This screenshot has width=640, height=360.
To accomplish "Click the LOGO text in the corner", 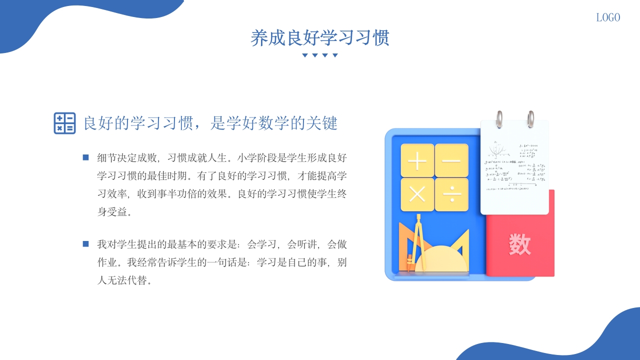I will pos(608,17).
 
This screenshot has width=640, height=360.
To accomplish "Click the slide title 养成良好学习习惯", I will pos(320,38).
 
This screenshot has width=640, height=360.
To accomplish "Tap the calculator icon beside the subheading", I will pos(64,123).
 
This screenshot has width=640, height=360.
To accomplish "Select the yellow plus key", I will pos(417,160).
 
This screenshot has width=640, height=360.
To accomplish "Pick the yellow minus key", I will pos(451,160).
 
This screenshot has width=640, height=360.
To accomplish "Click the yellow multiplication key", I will pos(417,194).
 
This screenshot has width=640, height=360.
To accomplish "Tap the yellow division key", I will pos(451,194).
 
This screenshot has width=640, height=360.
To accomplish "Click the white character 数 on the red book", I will pos(519,244).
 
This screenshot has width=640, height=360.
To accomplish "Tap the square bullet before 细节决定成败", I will pos(85,158).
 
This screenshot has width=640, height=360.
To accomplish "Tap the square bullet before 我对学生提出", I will pos(85,244).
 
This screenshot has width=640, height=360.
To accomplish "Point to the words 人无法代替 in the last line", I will pos(122,280).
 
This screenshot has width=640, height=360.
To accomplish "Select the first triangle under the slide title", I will pos(304,55).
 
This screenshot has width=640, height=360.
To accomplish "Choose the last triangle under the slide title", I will pos(335,55).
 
